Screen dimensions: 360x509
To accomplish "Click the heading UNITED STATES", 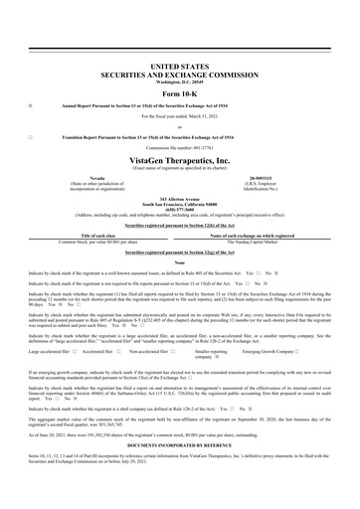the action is coord(180,63).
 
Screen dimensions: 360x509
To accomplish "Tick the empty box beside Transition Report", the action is coord(32,136).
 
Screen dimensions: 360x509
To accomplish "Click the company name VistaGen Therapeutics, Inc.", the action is coord(180,159).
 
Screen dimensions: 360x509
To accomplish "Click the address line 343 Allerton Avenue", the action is coord(180,199).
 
